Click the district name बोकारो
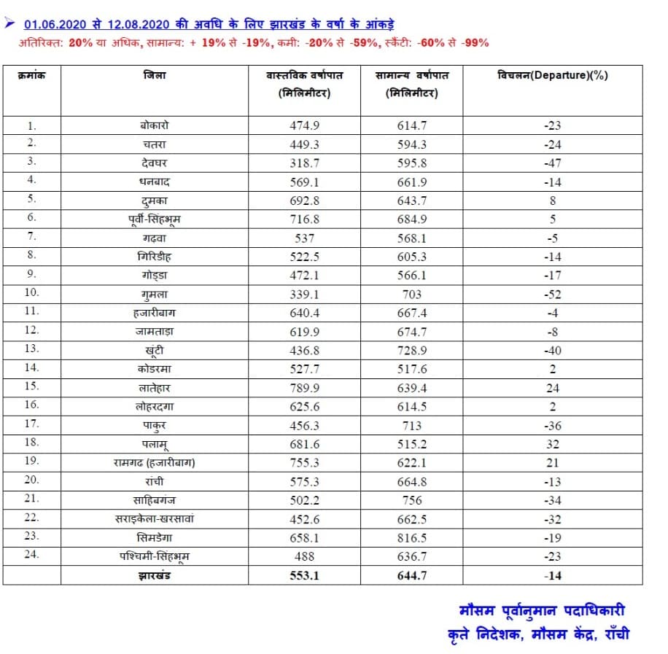(155, 125)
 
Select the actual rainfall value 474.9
(305, 125)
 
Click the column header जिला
(154, 76)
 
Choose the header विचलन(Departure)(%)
(553, 75)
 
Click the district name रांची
(155, 481)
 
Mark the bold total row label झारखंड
(155, 575)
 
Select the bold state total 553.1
(305, 575)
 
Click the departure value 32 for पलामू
(552, 444)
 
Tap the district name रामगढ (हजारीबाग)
(155, 463)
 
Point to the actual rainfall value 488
(305, 557)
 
